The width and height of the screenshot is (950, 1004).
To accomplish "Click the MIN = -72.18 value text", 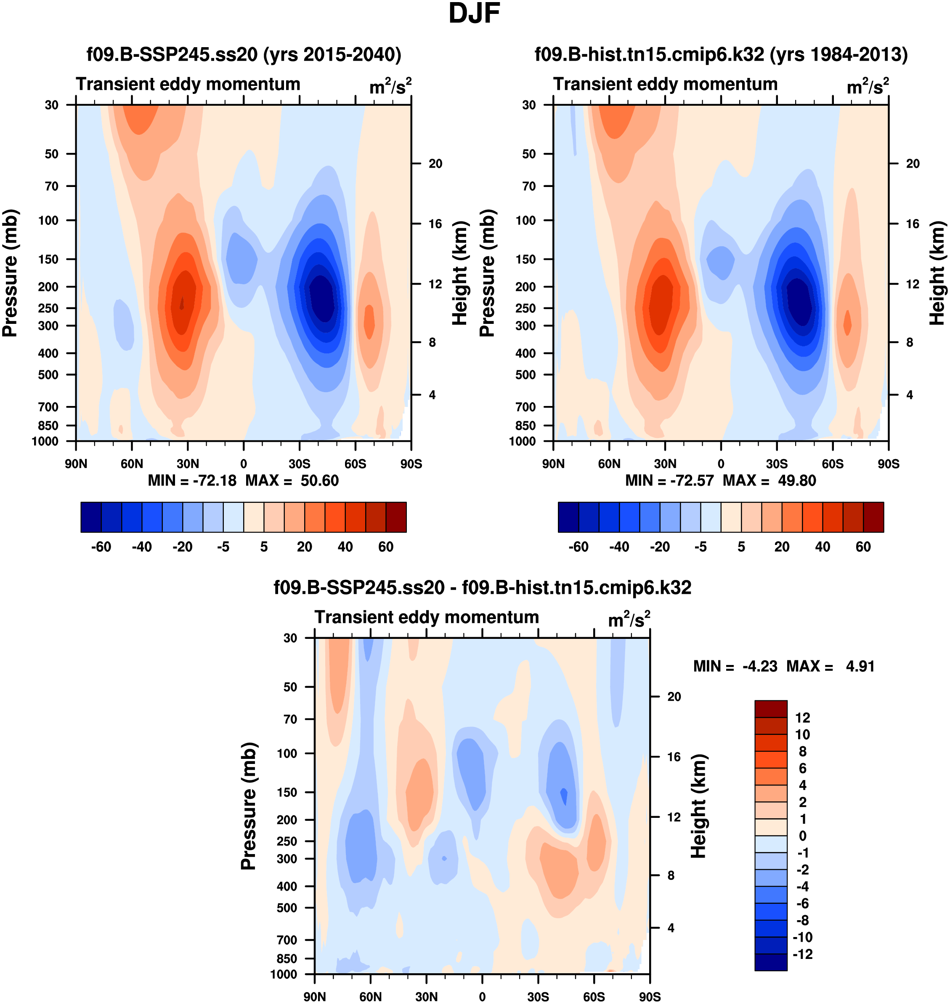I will tap(192, 481).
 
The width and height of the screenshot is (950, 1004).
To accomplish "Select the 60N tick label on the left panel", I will tap(132, 464).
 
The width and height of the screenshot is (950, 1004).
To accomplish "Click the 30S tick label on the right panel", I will tap(777, 464).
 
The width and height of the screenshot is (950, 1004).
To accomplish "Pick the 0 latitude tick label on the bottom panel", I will tap(482, 996).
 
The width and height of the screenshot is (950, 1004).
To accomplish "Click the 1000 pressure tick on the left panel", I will tap(45, 441).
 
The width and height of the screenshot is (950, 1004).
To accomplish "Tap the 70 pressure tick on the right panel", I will tap(529, 187).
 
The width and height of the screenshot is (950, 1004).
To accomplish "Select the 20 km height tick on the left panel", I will tap(435, 164).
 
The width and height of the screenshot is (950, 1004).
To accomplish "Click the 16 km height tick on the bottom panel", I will tap(674, 757).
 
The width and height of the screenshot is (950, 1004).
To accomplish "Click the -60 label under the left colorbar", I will tap(101, 547).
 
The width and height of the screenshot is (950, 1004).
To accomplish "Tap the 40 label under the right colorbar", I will tap(823, 547).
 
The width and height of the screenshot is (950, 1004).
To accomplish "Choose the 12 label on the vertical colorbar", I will tap(803, 718).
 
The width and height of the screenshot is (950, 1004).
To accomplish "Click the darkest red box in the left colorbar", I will tap(396, 517).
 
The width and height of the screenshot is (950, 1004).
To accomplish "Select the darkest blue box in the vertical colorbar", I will tap(771, 962).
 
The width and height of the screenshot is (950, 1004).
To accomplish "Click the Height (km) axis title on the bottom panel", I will tap(699, 806).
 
